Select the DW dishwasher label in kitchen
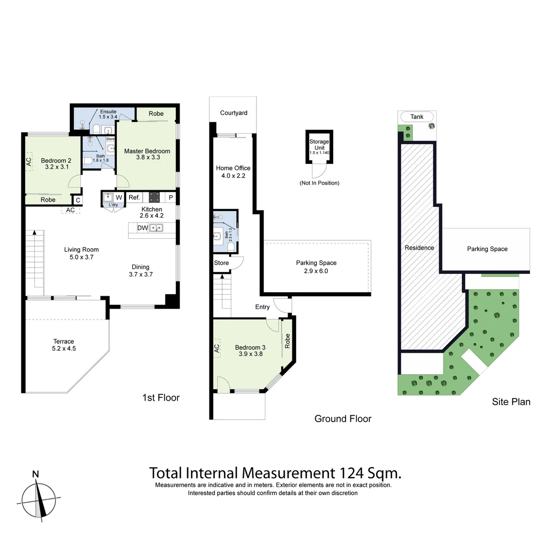pyautogui.click(x=142, y=228)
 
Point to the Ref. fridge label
pyautogui.click(x=134, y=197)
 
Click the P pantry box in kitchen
pyautogui.click(x=171, y=197)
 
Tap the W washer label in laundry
pyautogui.click(x=119, y=197)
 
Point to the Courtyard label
pyautogui.click(x=234, y=113)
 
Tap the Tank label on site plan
pyautogui.click(x=417, y=117)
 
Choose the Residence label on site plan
pyautogui.click(x=419, y=248)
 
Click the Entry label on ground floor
pyautogui.click(x=262, y=307)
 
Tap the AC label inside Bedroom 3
pyautogui.click(x=216, y=349)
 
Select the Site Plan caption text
pyautogui.click(x=511, y=402)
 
